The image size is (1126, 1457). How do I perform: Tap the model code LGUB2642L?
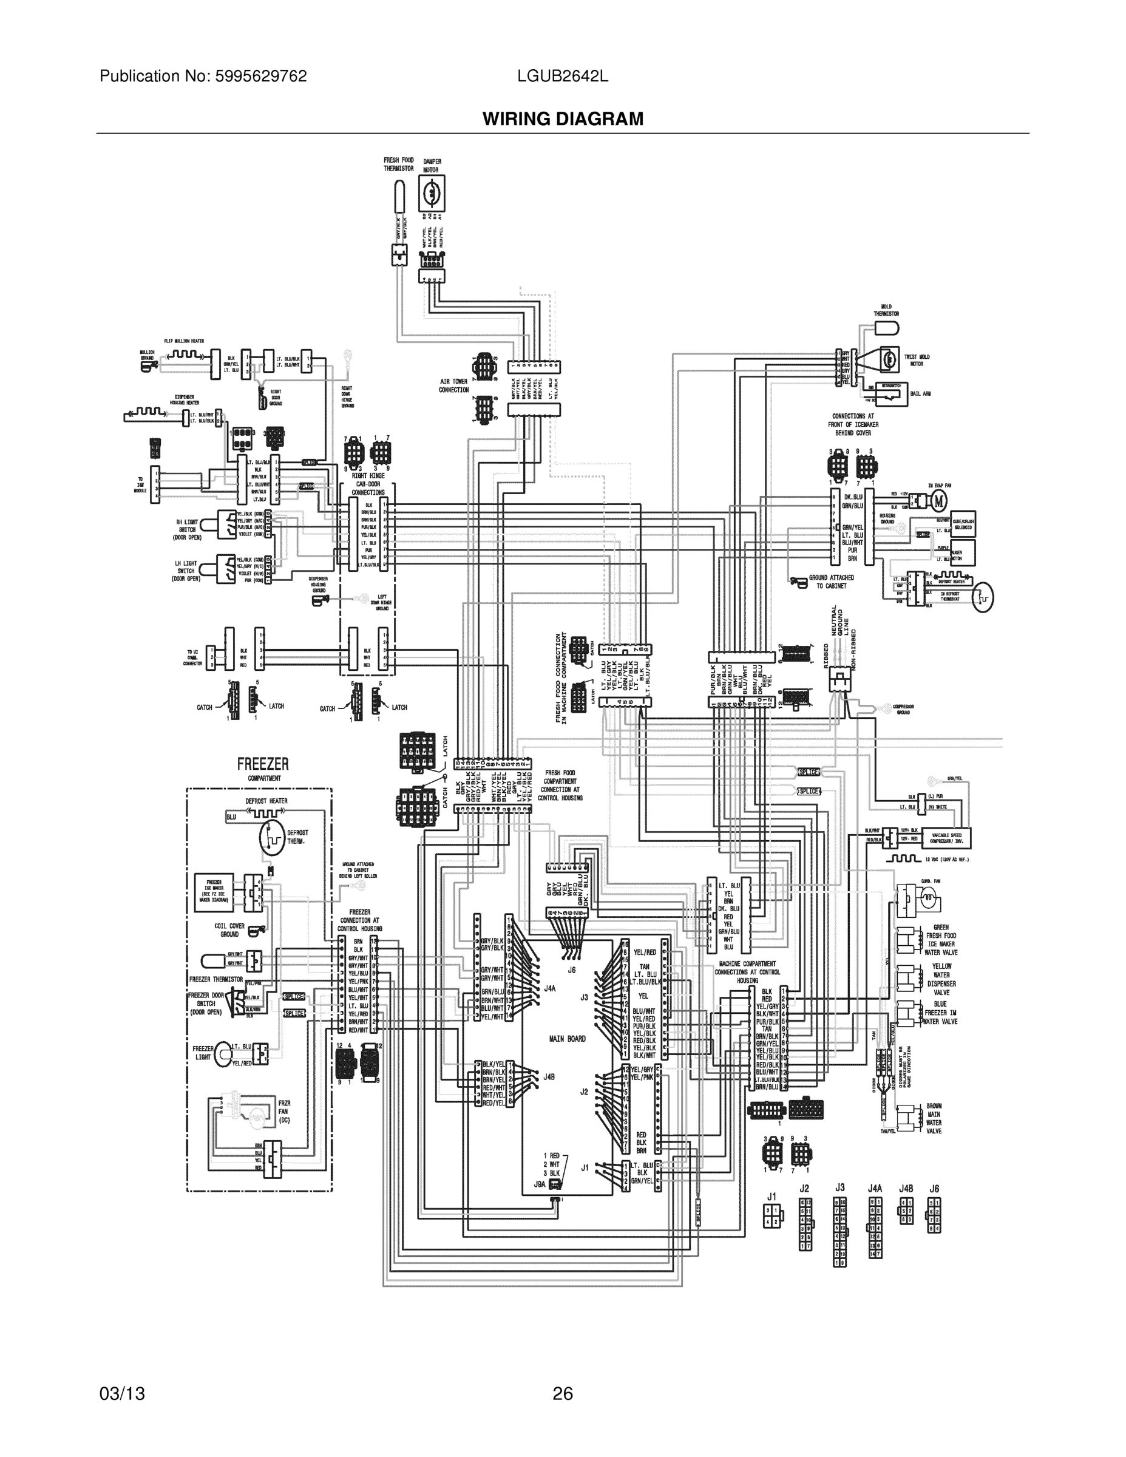click(x=562, y=76)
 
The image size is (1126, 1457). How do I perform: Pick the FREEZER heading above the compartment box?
click(x=263, y=764)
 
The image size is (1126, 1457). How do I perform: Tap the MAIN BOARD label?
click(x=567, y=1039)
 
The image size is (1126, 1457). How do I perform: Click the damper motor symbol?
click(x=431, y=194)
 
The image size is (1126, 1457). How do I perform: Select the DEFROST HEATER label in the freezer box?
click(x=266, y=801)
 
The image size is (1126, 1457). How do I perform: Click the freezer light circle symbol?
click(x=223, y=1054)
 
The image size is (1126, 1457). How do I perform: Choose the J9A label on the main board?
click(x=539, y=1184)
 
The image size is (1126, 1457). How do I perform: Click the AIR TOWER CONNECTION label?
click(x=453, y=385)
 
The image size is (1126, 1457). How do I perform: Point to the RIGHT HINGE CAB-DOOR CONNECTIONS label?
click(x=368, y=484)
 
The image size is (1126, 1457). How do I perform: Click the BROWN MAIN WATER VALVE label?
click(x=934, y=1119)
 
